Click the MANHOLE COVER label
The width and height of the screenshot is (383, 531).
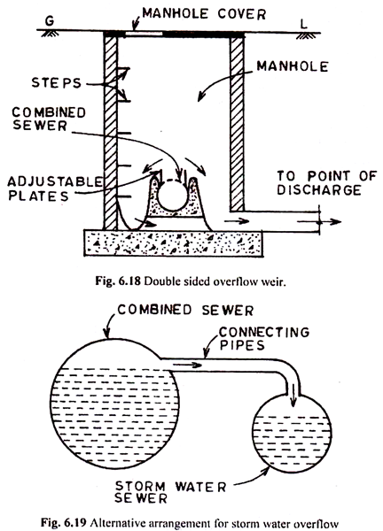(x=204, y=14)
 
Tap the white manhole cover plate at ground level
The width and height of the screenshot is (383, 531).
(x=144, y=34)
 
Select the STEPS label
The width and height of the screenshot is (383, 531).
(x=57, y=83)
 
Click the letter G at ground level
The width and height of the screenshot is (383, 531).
(x=50, y=21)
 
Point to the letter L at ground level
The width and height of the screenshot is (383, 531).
(x=303, y=24)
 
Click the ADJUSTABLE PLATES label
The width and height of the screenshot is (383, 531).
(x=55, y=189)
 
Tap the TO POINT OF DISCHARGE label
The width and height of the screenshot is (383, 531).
(x=327, y=183)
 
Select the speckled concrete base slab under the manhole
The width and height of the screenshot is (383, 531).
(x=173, y=243)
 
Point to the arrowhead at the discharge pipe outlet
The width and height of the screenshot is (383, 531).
(x=337, y=222)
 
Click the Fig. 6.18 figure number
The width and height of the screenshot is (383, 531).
(x=118, y=281)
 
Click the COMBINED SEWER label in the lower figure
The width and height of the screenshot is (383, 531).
(x=185, y=311)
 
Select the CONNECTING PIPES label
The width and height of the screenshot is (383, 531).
(x=264, y=338)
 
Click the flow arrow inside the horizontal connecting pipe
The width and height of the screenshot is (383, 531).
(x=188, y=365)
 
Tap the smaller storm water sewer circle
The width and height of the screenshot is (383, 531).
(x=292, y=434)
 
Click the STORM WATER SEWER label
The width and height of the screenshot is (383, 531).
(x=170, y=492)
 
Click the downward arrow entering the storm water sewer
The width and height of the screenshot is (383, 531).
(x=293, y=396)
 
